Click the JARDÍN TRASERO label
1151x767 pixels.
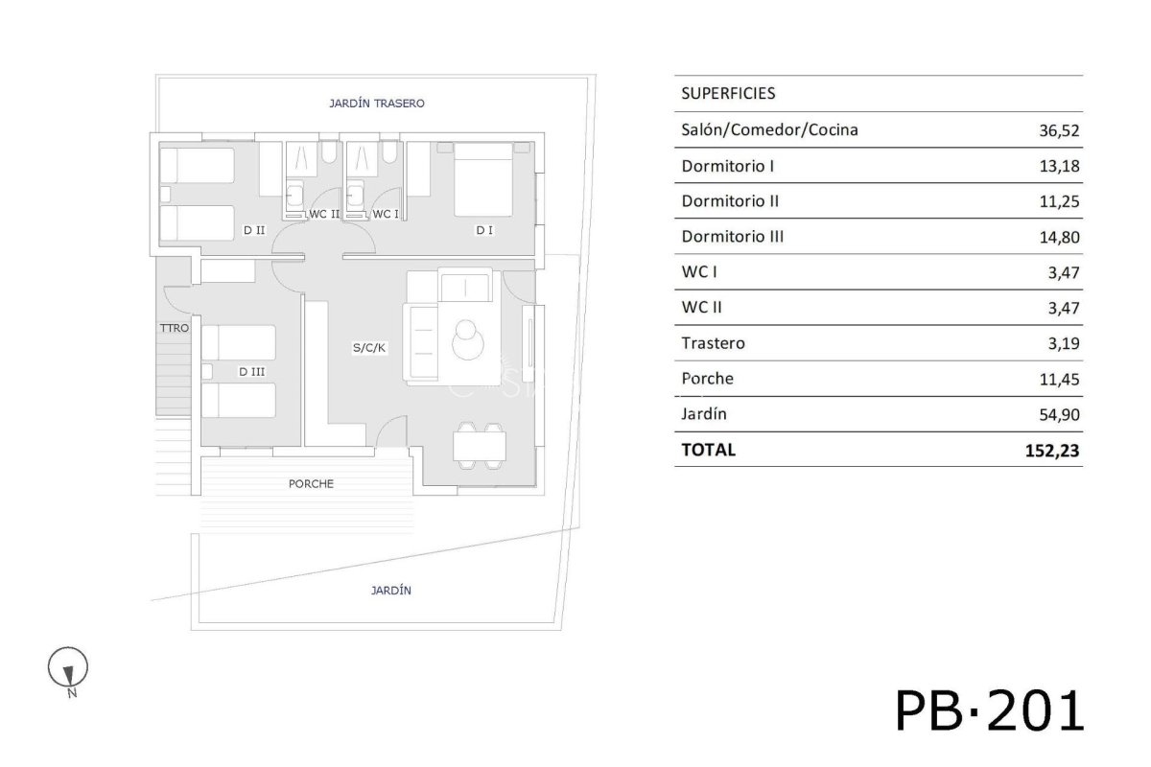377,104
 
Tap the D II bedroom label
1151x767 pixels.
254,230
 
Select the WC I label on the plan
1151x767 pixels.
386,214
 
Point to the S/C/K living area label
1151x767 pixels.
369,348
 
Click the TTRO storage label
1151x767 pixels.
175,328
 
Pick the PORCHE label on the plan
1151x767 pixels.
311,483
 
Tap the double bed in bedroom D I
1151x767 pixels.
483,179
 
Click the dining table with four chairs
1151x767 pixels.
480,446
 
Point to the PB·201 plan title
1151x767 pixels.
989,711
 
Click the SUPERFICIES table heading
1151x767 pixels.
728,93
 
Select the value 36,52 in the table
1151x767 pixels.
1059,130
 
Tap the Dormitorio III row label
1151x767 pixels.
732,236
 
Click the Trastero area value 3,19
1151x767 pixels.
1064,343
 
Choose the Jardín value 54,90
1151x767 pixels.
1059,414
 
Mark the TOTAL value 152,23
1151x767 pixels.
1052,451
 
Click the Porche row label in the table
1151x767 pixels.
707,379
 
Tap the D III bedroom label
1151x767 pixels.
251,371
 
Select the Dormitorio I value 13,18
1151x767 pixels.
1059,166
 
